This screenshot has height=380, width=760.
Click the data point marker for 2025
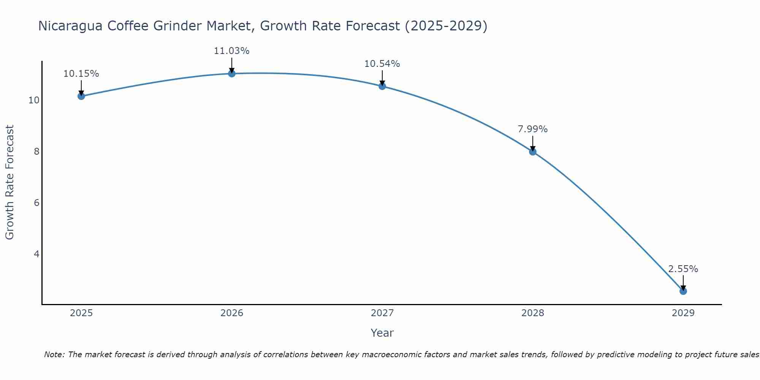(x=81, y=96)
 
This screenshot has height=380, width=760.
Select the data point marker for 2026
(x=232, y=73)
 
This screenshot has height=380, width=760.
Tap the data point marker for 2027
(x=382, y=86)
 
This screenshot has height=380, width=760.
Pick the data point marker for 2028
(x=533, y=152)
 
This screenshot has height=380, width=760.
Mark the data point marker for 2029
(x=683, y=291)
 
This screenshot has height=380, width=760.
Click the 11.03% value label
(x=231, y=51)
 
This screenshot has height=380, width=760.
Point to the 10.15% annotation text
(x=81, y=74)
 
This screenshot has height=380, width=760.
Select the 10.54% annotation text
(x=382, y=64)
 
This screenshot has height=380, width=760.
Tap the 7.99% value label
(x=533, y=129)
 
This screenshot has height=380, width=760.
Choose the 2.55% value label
(x=683, y=269)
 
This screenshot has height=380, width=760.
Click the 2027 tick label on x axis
(x=382, y=313)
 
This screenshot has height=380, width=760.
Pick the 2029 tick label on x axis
(x=683, y=313)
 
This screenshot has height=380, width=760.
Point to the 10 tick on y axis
(x=34, y=100)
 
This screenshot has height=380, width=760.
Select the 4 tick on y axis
(x=36, y=254)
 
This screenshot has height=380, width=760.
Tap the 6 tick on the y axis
(x=36, y=203)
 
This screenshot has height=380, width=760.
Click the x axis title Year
(x=382, y=333)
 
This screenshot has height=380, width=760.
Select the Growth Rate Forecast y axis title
(x=10, y=182)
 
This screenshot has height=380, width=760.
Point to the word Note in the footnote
(x=54, y=355)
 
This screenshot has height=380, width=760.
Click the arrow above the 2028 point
(x=533, y=143)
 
